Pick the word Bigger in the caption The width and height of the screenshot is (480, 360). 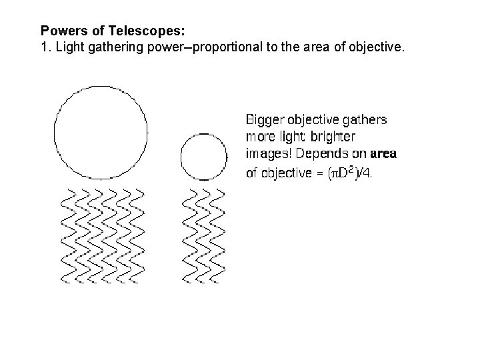coord(264,120)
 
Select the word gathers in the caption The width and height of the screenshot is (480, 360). coord(365,120)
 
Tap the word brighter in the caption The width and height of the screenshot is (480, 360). coord(332,137)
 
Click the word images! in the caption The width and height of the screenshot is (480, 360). coord(267,155)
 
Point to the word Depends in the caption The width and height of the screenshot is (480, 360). coord(319,155)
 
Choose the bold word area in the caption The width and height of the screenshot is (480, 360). coord(383,155)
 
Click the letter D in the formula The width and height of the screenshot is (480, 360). coord(343,173)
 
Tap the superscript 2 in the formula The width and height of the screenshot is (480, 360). coord(351,170)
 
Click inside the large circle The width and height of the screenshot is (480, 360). coord(101,133)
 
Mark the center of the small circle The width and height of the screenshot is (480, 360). coord(204,156)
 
